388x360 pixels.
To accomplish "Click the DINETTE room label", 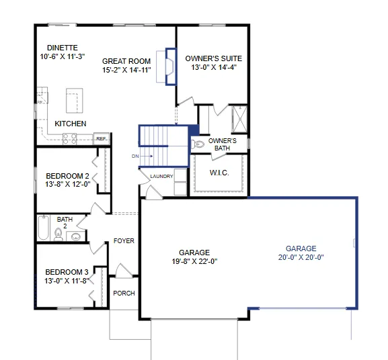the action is point(63,48).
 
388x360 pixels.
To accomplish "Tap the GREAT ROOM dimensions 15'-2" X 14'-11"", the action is point(126,70).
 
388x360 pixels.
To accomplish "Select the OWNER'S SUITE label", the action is point(214,58).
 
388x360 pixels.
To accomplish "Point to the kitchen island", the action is point(74,101).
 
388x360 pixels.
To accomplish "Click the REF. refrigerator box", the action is point(102,138).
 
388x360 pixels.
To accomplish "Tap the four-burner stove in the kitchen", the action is point(69,138).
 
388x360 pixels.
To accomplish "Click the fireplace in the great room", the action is point(171,66).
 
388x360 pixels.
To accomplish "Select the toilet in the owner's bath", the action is point(198,144).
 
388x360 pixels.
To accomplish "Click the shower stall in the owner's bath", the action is point(239,120).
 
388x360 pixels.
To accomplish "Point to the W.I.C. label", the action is point(219,173).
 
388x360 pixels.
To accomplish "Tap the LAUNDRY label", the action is point(161,177).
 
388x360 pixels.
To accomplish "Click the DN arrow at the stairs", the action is point(148,156).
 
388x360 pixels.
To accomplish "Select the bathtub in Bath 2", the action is point(44,228).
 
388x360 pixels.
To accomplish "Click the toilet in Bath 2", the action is point(58,234).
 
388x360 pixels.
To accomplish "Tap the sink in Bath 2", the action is point(75,236).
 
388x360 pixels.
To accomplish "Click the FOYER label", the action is point(124,241).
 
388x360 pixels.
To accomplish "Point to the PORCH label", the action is point(124,294).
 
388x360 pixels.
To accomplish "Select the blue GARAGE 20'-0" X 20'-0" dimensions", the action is point(301,257).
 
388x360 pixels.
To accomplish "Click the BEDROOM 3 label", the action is point(67,272).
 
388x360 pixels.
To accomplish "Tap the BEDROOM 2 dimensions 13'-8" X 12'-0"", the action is point(67,184).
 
